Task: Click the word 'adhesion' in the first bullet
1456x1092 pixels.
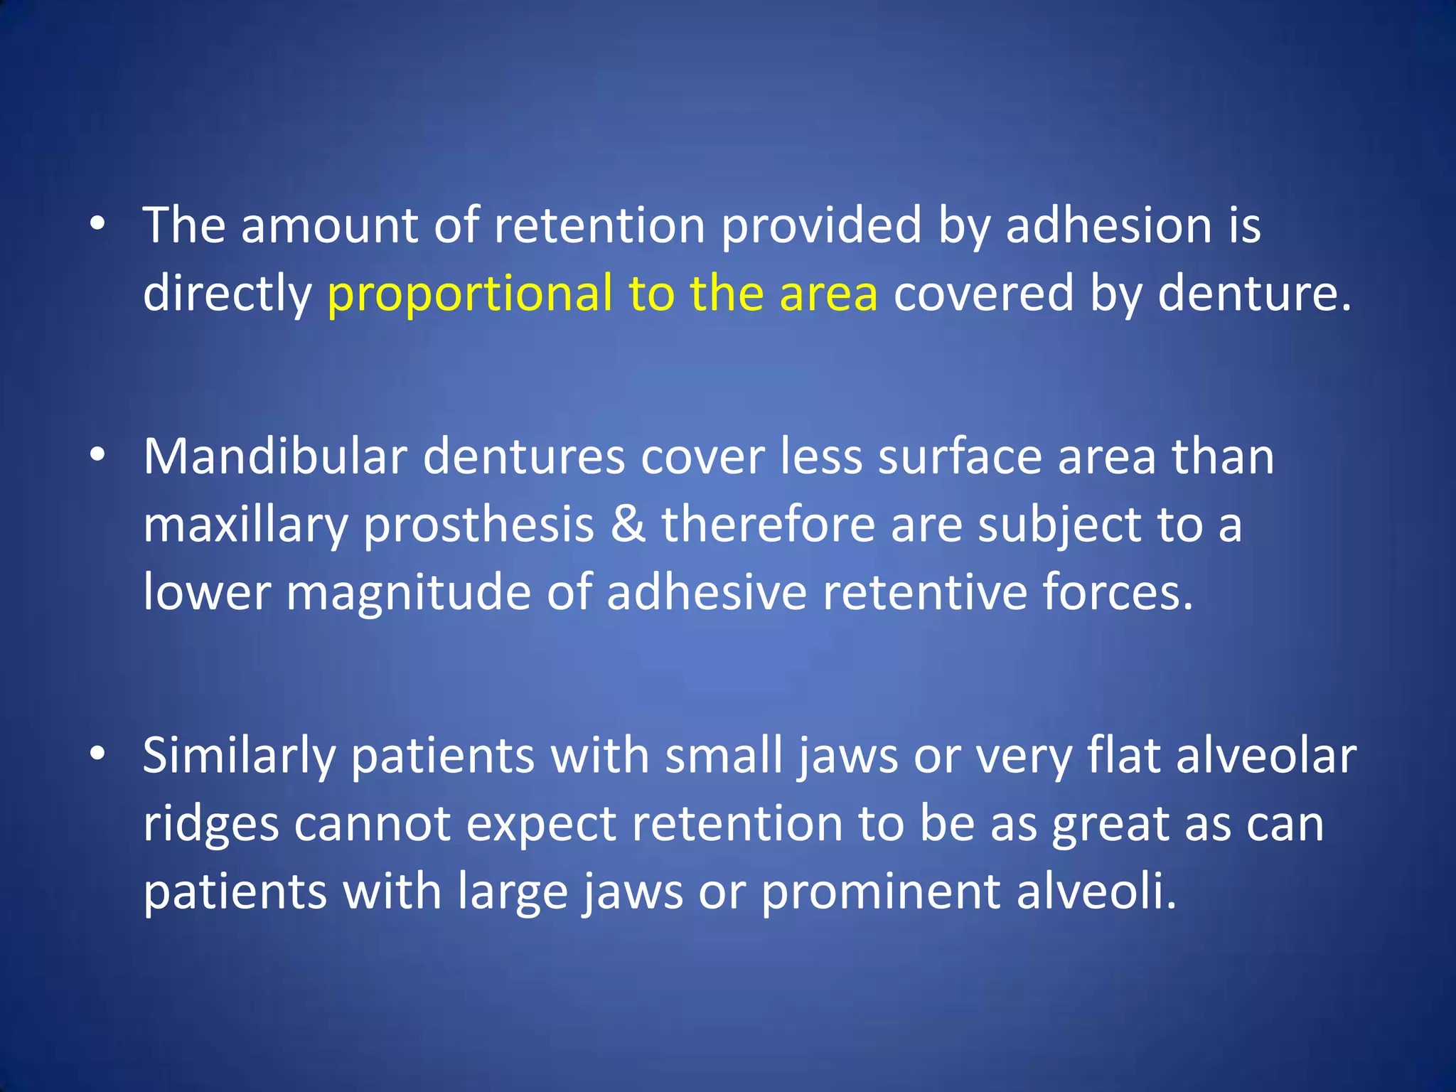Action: point(1108,226)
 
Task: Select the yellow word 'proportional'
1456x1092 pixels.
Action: point(469,294)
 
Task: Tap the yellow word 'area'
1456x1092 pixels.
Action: point(828,294)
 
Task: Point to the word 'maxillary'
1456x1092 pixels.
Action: point(245,525)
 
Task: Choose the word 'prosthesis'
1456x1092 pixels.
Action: point(478,524)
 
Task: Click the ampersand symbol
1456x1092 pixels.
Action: point(628,524)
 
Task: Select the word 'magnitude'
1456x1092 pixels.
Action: point(408,591)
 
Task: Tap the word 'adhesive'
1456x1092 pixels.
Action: point(707,591)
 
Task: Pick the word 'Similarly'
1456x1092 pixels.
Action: point(239,756)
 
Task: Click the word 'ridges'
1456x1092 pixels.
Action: point(211,825)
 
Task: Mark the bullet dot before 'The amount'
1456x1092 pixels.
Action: point(97,225)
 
